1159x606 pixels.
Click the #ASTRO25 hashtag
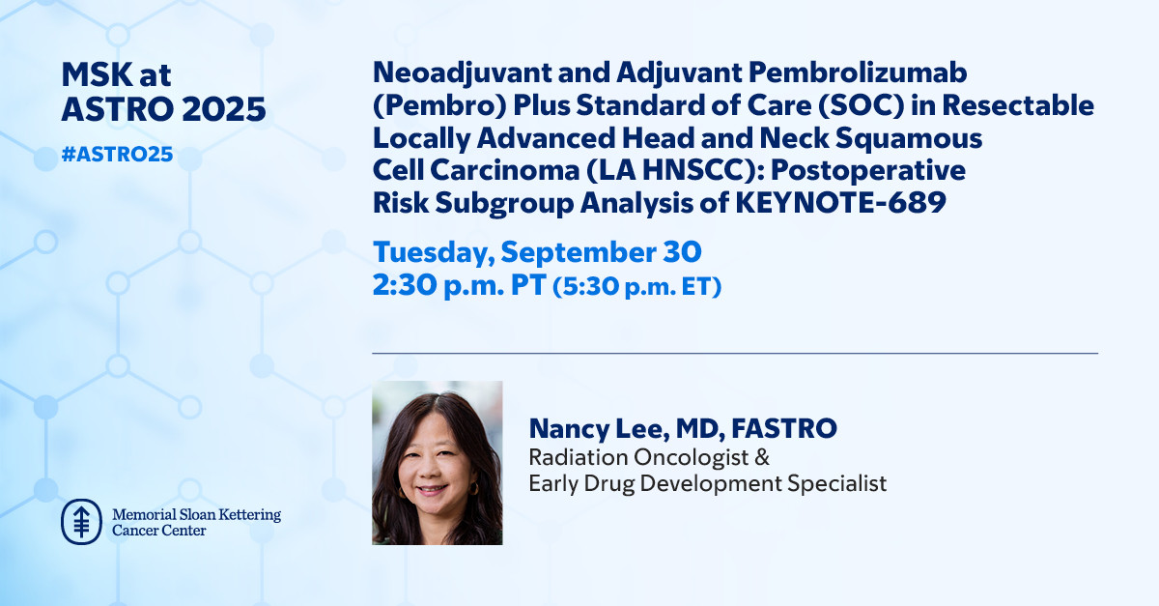(117, 155)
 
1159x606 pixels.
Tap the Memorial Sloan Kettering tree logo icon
(81, 522)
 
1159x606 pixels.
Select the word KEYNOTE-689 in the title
(841, 202)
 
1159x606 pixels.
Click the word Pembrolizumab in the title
(858, 72)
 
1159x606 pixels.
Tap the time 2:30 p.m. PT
(460, 285)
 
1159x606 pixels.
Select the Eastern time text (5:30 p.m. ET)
(636, 286)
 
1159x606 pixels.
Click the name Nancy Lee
(595, 428)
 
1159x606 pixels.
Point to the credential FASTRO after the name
(784, 428)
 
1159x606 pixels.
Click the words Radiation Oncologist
(639, 457)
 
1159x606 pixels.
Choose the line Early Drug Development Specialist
(708, 484)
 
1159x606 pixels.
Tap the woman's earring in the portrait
(473, 488)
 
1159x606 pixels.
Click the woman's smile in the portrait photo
(432, 488)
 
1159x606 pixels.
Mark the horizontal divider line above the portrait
(735, 353)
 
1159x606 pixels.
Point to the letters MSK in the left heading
(98, 75)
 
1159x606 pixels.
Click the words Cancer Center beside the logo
(158, 531)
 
